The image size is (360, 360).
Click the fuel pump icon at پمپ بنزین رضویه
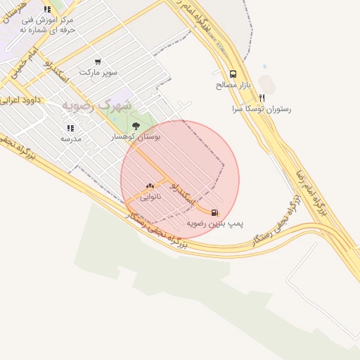pyautogui.click(x=214, y=212)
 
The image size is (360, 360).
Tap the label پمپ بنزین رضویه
pyautogui.click(x=215, y=223)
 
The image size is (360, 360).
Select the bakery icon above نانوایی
pyautogui.click(x=150, y=186)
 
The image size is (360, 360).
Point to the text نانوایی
pyautogui.click(x=150, y=197)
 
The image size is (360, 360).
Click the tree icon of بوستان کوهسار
pyautogui.click(x=136, y=127)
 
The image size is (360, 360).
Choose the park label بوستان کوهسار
pyautogui.click(x=136, y=138)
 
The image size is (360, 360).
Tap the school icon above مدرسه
pyautogui.click(x=70, y=128)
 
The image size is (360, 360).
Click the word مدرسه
pyautogui.click(x=70, y=139)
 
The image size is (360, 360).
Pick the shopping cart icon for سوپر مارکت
pyautogui.click(x=97, y=62)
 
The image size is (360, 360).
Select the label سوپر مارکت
pyautogui.click(x=98, y=72)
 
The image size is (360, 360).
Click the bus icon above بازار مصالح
pyautogui.click(x=233, y=74)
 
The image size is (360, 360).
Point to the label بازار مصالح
pyautogui.click(x=233, y=85)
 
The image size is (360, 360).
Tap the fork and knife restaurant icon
pyautogui.click(x=262, y=98)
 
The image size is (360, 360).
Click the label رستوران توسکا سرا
pyautogui.click(x=262, y=110)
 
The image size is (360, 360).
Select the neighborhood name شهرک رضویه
pyautogui.click(x=97, y=105)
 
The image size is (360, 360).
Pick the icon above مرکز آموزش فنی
pyautogui.click(x=47, y=10)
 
